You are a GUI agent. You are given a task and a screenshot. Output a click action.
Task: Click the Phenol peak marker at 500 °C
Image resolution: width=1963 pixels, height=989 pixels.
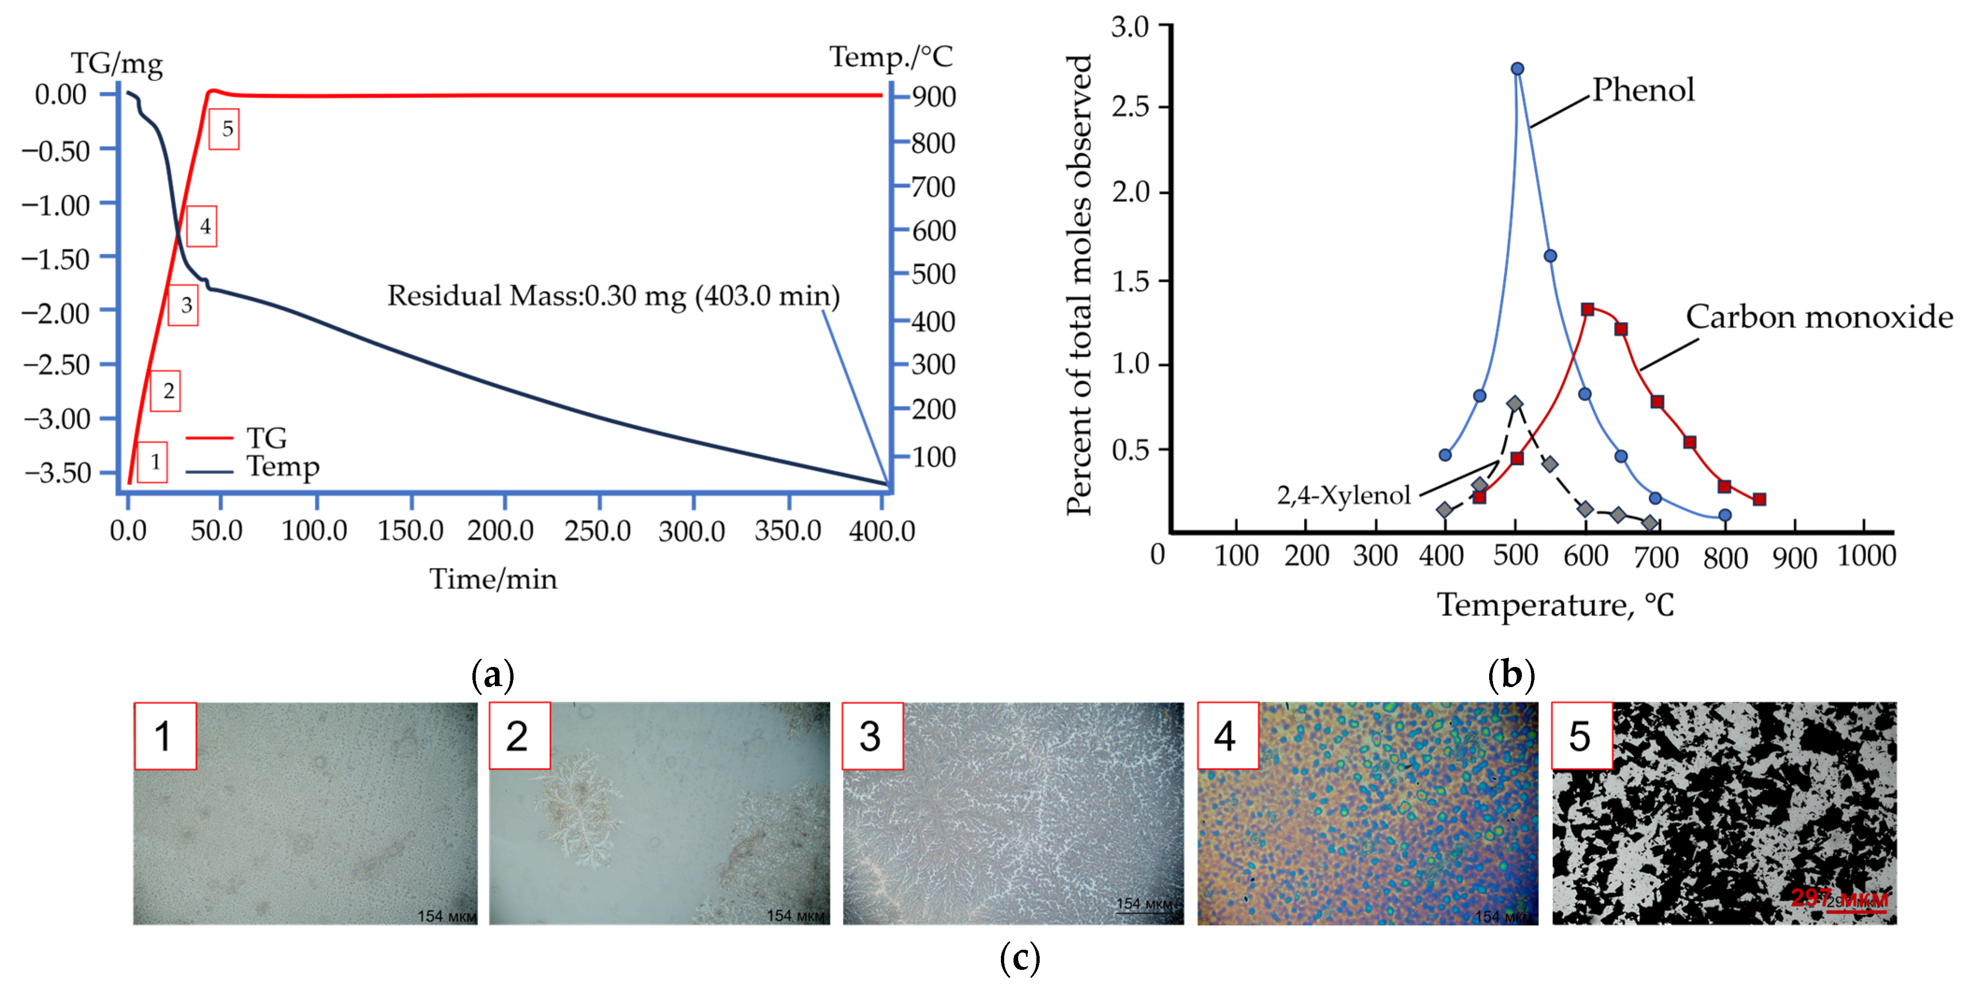(x=1517, y=69)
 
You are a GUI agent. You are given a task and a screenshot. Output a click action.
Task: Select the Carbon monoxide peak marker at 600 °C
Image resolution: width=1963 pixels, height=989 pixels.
(x=1587, y=309)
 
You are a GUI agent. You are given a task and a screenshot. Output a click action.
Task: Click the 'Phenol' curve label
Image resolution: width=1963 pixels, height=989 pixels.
(x=1643, y=90)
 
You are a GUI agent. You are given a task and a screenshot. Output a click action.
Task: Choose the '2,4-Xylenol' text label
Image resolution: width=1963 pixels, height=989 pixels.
(x=1343, y=495)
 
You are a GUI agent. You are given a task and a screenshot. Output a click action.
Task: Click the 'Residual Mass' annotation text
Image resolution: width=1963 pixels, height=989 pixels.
(x=614, y=296)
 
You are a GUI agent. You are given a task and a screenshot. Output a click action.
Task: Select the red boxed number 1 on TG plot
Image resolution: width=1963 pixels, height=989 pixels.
(x=154, y=462)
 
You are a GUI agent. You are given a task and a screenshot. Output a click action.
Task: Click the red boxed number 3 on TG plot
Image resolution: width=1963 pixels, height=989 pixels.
(x=185, y=306)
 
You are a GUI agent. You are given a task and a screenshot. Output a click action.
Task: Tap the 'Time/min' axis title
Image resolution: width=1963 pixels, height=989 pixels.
(x=493, y=579)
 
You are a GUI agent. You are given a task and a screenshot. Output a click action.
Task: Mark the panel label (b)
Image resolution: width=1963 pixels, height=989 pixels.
(x=1510, y=674)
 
